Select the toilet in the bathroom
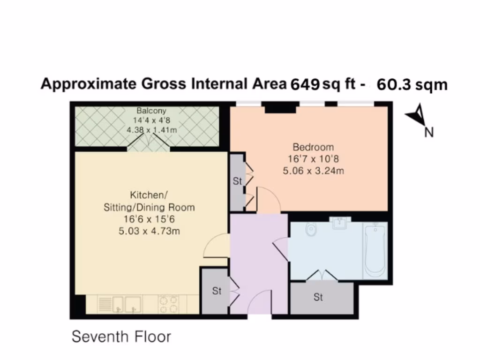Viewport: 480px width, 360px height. pos(311,230)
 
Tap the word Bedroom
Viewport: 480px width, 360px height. pos(313,147)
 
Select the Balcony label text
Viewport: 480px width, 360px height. pos(151,111)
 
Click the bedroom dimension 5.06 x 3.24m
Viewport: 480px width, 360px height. pos(313,171)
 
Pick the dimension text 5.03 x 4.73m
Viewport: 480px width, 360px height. pos(149,231)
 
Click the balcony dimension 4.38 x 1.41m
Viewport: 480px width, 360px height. pos(151,130)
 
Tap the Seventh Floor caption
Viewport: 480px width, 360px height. pos(121,337)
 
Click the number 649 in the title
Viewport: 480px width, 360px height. pos(306,84)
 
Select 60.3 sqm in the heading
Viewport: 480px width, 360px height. pos(412,84)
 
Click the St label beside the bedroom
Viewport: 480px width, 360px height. pos(237,181)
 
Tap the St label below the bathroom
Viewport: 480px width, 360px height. pos(318,297)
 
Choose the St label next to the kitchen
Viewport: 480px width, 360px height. pos(216,291)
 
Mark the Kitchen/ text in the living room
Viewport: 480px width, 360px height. pos(149,195)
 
